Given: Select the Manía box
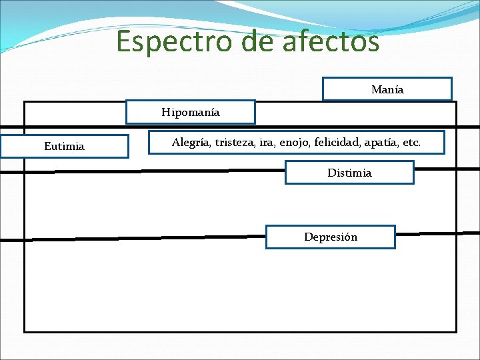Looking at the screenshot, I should point(387,89).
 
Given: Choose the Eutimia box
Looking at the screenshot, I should point(64,147).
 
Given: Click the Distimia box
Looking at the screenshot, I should point(349,173).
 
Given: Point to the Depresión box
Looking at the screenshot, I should point(331,237).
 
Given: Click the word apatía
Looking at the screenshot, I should point(387,143).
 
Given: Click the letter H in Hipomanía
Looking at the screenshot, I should point(165,113).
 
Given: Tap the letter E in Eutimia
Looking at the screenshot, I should point(47,147).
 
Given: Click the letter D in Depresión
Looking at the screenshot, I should point(308,237).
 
